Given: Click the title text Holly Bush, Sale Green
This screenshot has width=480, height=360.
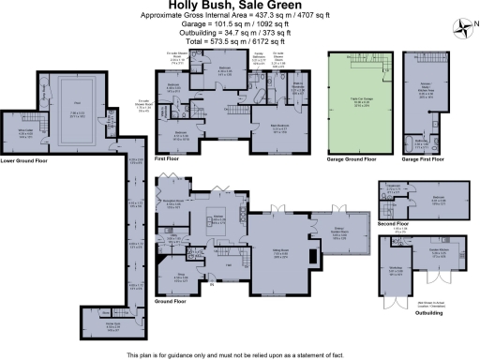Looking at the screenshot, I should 240,7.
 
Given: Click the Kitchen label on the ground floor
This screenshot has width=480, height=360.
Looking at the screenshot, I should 218,217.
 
